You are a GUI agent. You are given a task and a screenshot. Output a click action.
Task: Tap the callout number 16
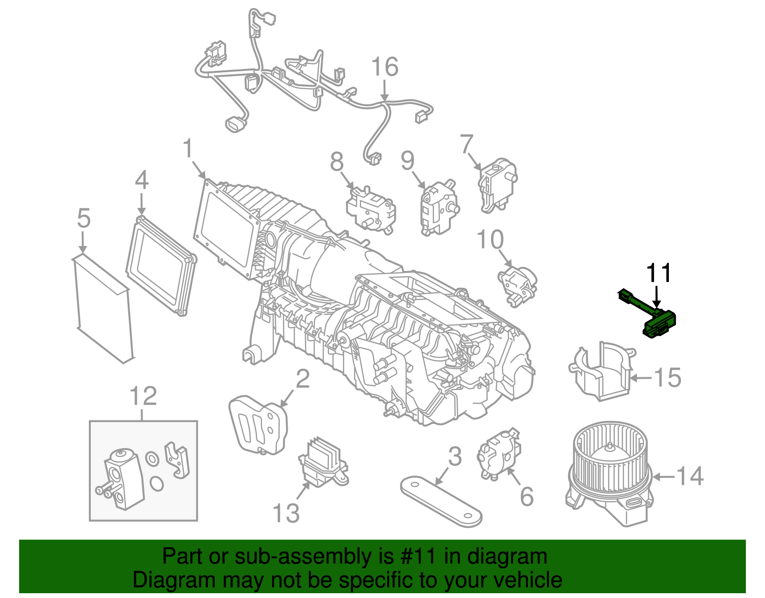(384, 67)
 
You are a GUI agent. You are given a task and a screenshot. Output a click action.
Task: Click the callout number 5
(84, 218)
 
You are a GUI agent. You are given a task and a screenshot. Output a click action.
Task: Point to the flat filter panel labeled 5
(102, 309)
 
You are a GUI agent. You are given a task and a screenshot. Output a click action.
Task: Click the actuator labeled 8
(371, 211)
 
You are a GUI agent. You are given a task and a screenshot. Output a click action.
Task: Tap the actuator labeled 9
(437, 208)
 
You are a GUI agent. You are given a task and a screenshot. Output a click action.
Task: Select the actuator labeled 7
(497, 184)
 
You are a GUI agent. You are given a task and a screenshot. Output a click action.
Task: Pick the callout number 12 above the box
(143, 396)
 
